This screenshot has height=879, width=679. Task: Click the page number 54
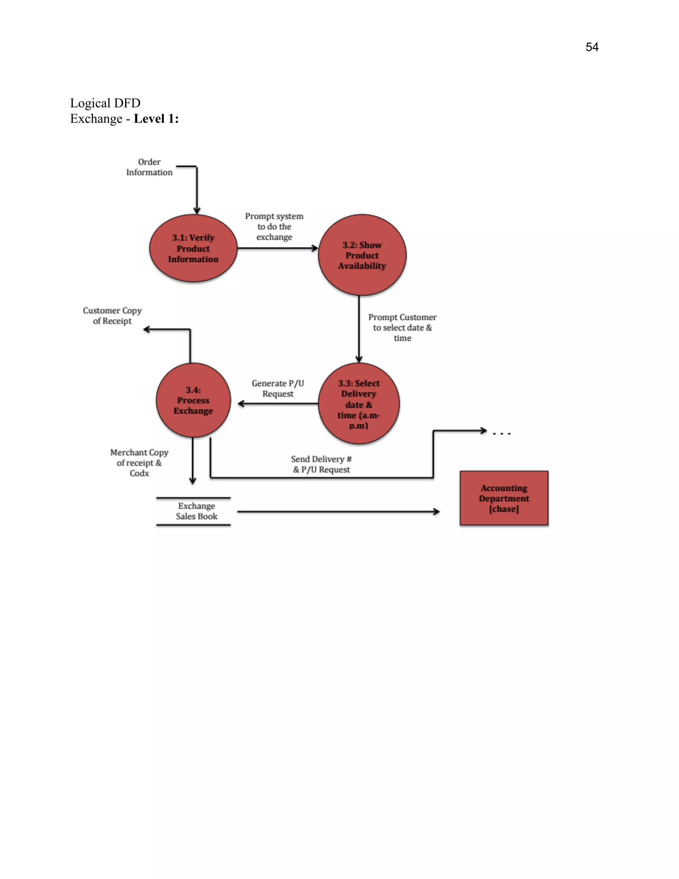pyautogui.click(x=592, y=47)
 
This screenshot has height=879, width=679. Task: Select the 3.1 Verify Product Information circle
pyautogui.click(x=193, y=248)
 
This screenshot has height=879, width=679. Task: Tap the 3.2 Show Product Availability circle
pyautogui.click(x=362, y=255)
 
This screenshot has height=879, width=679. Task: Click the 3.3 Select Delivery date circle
pyautogui.click(x=359, y=404)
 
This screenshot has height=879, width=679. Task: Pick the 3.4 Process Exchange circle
pyautogui.click(x=193, y=400)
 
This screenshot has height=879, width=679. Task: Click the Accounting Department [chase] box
pyautogui.click(x=504, y=498)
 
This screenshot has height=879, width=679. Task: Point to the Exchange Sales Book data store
pyautogui.click(x=196, y=511)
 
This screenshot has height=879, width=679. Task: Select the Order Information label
pyautogui.click(x=149, y=167)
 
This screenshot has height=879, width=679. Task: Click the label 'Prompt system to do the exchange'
pyautogui.click(x=274, y=227)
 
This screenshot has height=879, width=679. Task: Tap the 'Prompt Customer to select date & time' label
pyautogui.click(x=402, y=328)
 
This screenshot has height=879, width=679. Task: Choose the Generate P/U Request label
pyautogui.click(x=278, y=388)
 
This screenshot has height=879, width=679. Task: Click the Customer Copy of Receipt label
pyautogui.click(x=112, y=316)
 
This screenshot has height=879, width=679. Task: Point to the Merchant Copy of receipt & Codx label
pyautogui.click(x=139, y=463)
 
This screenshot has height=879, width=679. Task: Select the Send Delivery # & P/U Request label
pyautogui.click(x=321, y=464)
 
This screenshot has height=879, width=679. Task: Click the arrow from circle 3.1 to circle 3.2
pyautogui.click(x=278, y=248)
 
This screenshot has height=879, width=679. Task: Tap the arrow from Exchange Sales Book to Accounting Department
pyautogui.click(x=338, y=511)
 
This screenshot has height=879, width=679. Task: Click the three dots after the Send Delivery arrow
pyautogui.click(x=502, y=434)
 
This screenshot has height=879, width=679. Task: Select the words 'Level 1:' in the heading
pyautogui.click(x=156, y=119)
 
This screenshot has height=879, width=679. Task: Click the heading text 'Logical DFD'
pyautogui.click(x=105, y=103)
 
